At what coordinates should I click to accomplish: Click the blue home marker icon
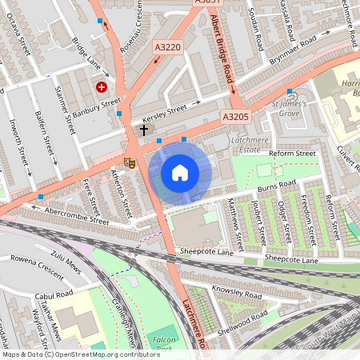[180, 172]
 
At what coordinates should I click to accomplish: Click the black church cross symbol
[144, 129]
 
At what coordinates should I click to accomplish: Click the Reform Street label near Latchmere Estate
[293, 153]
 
